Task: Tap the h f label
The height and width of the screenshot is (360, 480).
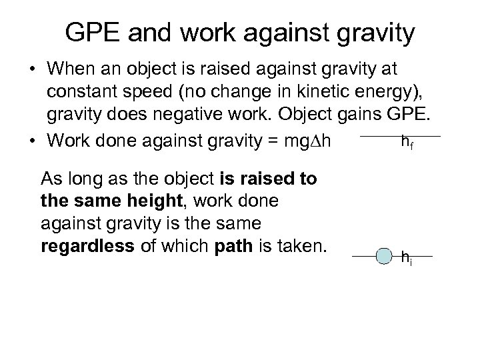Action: click(x=406, y=143)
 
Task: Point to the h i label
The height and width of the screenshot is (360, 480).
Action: click(x=405, y=257)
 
